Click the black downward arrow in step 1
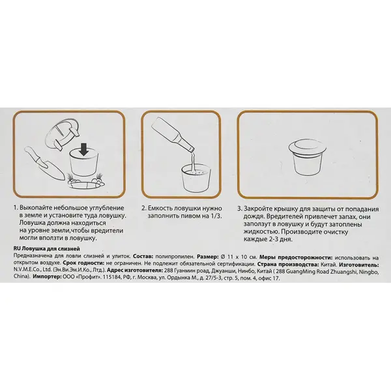click(84, 149)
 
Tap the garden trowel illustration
click(44, 162)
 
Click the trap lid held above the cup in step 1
click(62, 135)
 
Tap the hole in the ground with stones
click(85, 184)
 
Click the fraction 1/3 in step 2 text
click(216, 216)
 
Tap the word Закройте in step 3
click(259, 209)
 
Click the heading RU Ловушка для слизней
click(47, 249)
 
